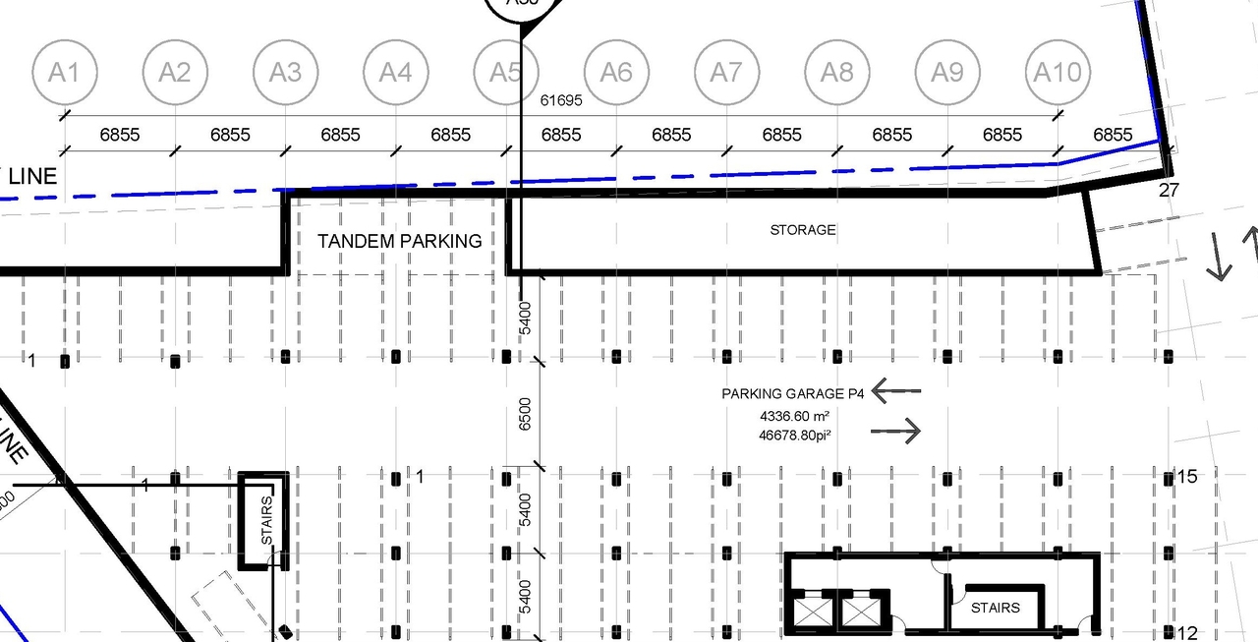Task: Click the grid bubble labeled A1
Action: (64, 73)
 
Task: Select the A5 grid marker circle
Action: (505, 73)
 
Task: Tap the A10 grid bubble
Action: (1058, 73)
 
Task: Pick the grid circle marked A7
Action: (726, 73)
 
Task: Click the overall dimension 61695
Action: (561, 100)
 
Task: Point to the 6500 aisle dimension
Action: (525, 414)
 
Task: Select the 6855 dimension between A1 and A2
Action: (120, 135)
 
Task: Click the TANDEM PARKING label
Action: (399, 241)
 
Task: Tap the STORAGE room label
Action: (803, 230)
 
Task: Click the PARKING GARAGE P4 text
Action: (793, 394)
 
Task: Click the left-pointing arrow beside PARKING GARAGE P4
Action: (895, 391)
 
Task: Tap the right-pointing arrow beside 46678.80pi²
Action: (895, 431)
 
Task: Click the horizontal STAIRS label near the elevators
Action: (995, 608)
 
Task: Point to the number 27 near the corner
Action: (1169, 191)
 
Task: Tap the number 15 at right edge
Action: (1187, 477)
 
